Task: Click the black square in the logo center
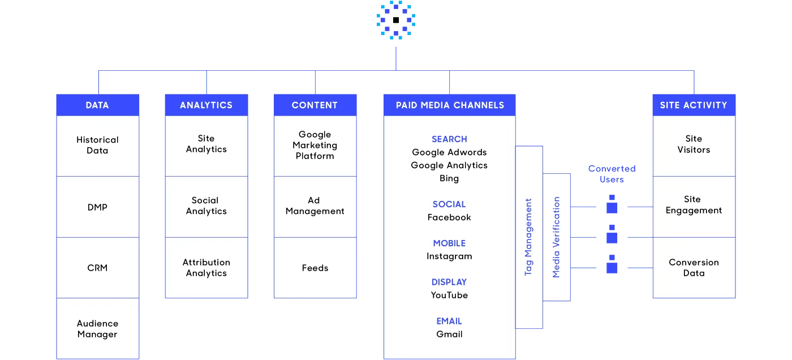(x=396, y=20)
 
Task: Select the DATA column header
(x=97, y=105)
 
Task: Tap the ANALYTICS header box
(x=206, y=105)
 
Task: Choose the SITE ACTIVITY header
(x=694, y=105)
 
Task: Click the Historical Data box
(x=97, y=145)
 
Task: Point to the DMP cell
(x=97, y=207)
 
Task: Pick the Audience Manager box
(x=97, y=328)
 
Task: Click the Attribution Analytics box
(x=206, y=268)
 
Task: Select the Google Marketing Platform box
(x=315, y=145)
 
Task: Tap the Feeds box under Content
(x=315, y=268)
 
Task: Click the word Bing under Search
(x=449, y=178)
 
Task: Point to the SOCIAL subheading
(x=449, y=204)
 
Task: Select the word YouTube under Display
(x=449, y=295)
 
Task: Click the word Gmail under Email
(x=449, y=334)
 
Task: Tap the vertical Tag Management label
(x=528, y=237)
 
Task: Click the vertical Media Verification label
(x=556, y=237)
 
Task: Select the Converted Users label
(x=612, y=174)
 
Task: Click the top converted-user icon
(x=612, y=204)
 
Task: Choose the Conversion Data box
(x=694, y=268)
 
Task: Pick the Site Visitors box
(x=694, y=145)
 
